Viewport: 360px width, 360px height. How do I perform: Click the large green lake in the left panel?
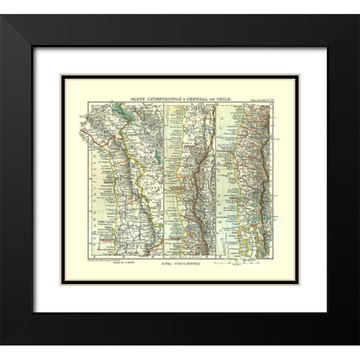point(119,116)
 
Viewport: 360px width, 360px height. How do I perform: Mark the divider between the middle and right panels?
point(215,180)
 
